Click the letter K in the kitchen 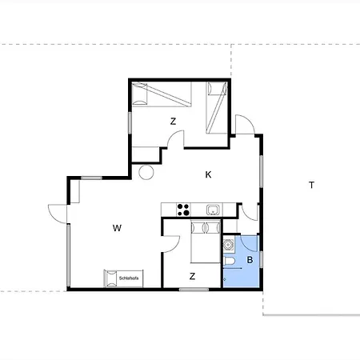[x=208, y=174]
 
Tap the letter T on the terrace [x=311, y=186]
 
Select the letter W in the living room [x=117, y=228]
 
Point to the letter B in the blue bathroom [x=250, y=259]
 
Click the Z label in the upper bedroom [x=173, y=122]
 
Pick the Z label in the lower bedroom [x=193, y=276]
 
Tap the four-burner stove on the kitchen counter [x=183, y=210]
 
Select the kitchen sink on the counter [x=213, y=210]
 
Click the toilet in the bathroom [x=230, y=266]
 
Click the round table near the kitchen [x=147, y=172]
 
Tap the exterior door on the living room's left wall [x=58, y=212]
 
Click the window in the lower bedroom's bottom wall [x=193, y=290]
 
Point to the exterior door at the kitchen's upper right [x=247, y=124]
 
